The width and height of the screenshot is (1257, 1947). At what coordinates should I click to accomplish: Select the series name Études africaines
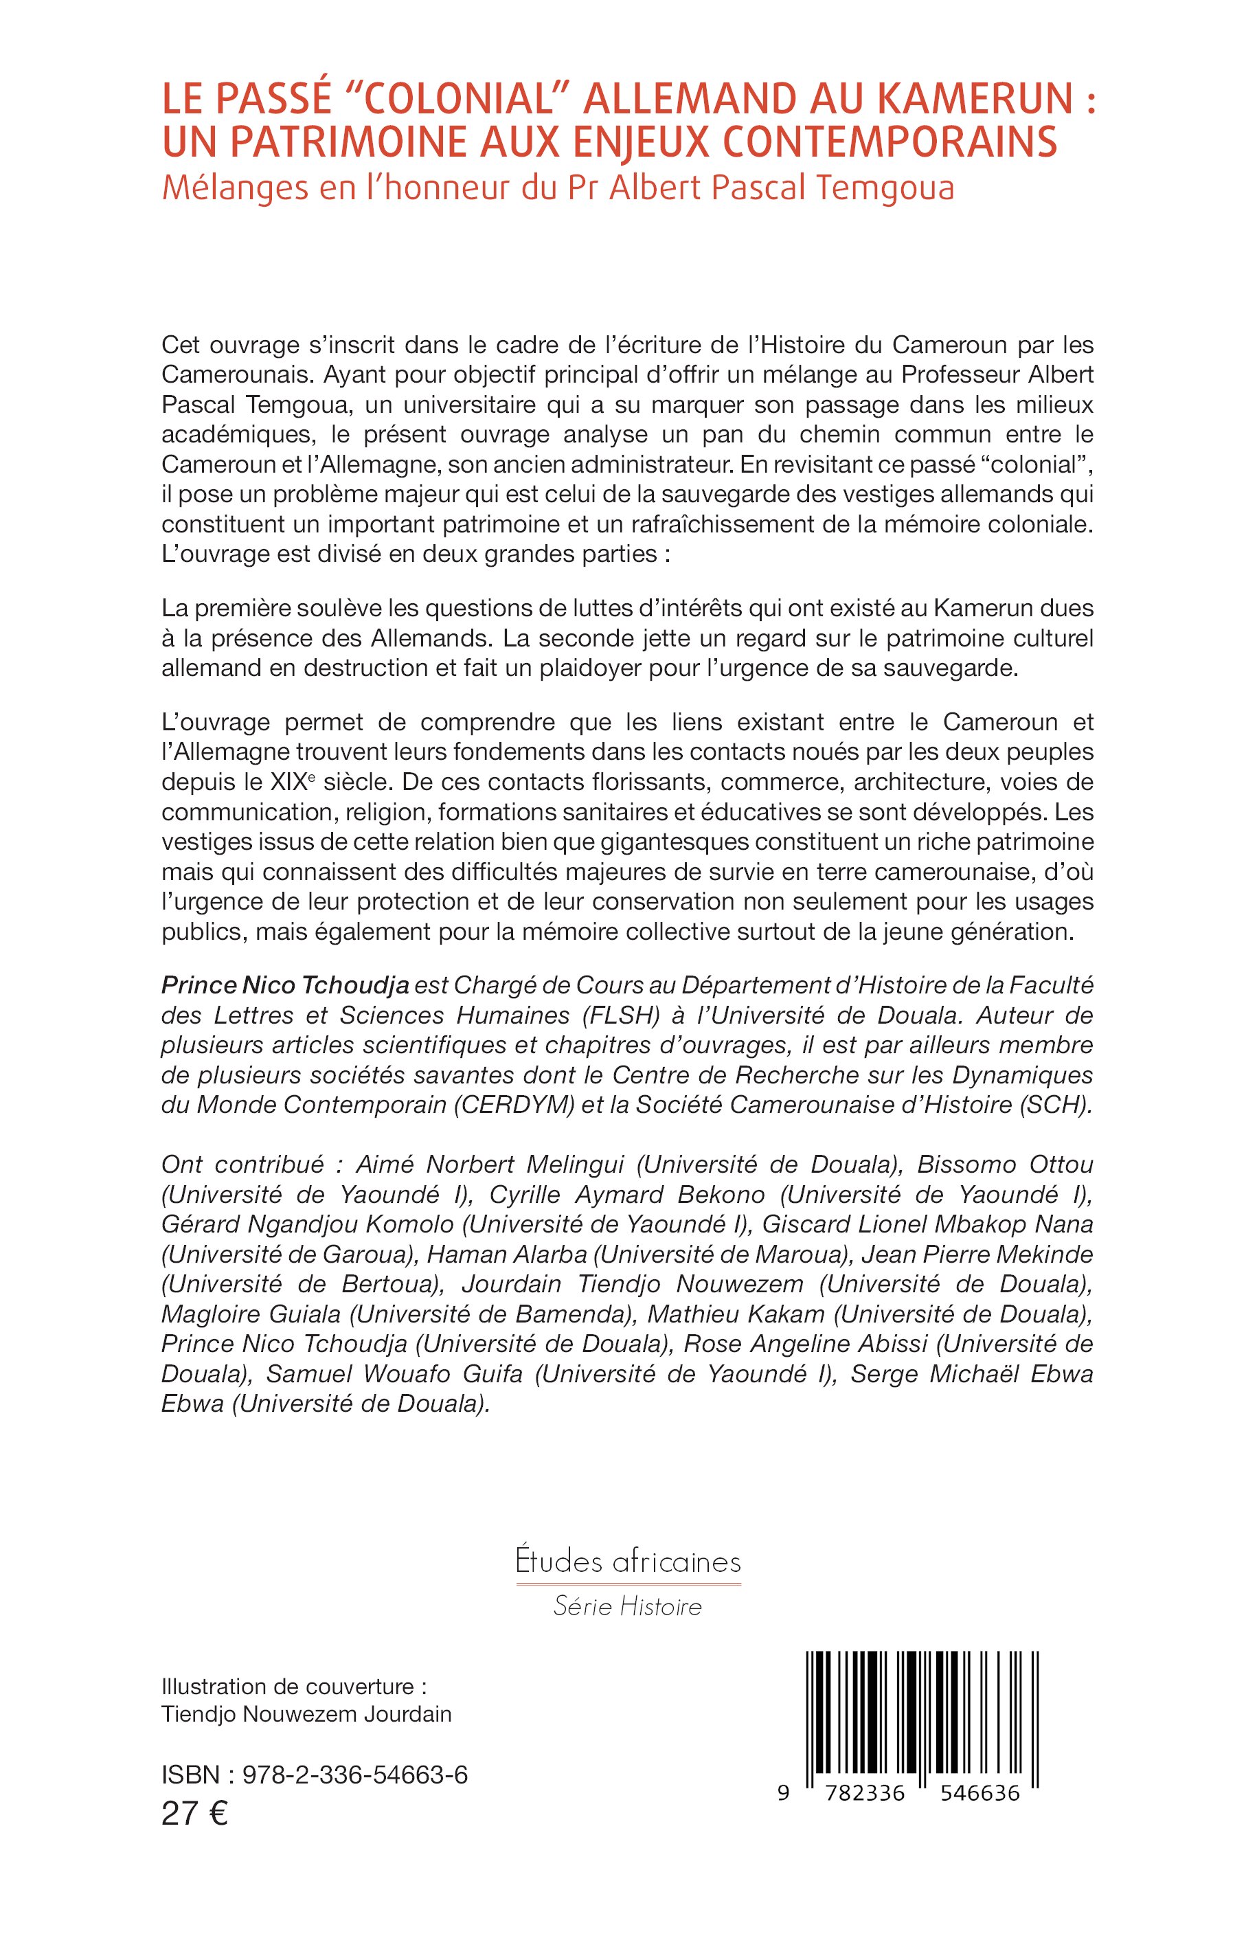click(x=628, y=1562)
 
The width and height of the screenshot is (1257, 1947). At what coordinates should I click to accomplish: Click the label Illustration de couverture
click(x=294, y=1687)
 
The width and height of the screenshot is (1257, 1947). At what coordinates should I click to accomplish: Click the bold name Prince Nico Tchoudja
click(x=286, y=985)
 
